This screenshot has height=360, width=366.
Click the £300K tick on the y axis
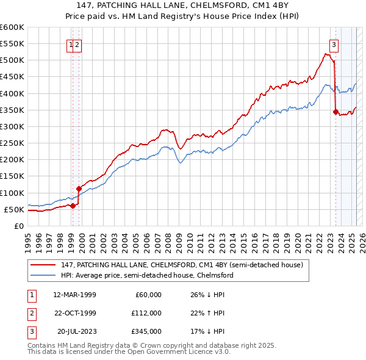tap(12, 126)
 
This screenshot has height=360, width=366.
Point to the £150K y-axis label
tap(12, 176)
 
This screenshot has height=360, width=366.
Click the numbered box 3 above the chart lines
tap(334, 43)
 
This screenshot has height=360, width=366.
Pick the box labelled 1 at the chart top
tap(71, 44)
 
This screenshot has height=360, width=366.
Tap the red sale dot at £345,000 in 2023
tap(336, 111)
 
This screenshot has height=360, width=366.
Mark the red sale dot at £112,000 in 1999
tap(79, 189)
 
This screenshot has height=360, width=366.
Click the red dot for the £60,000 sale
tap(73, 206)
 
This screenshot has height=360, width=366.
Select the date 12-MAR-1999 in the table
tap(74, 295)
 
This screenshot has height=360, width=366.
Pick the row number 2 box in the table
tap(30, 313)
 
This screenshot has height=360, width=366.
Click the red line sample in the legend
tap(43, 264)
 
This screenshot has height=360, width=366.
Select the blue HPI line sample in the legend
tap(43, 275)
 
